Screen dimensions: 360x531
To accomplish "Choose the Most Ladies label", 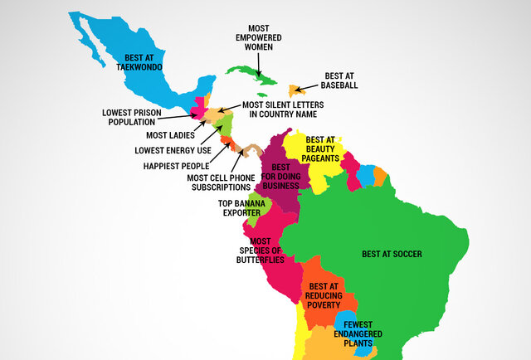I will coord(170,134).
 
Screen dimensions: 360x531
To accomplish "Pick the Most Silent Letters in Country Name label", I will coord(282,109).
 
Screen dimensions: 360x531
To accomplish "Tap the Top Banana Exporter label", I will coord(240,207).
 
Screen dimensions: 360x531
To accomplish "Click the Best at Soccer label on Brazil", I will coord(392,253).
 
